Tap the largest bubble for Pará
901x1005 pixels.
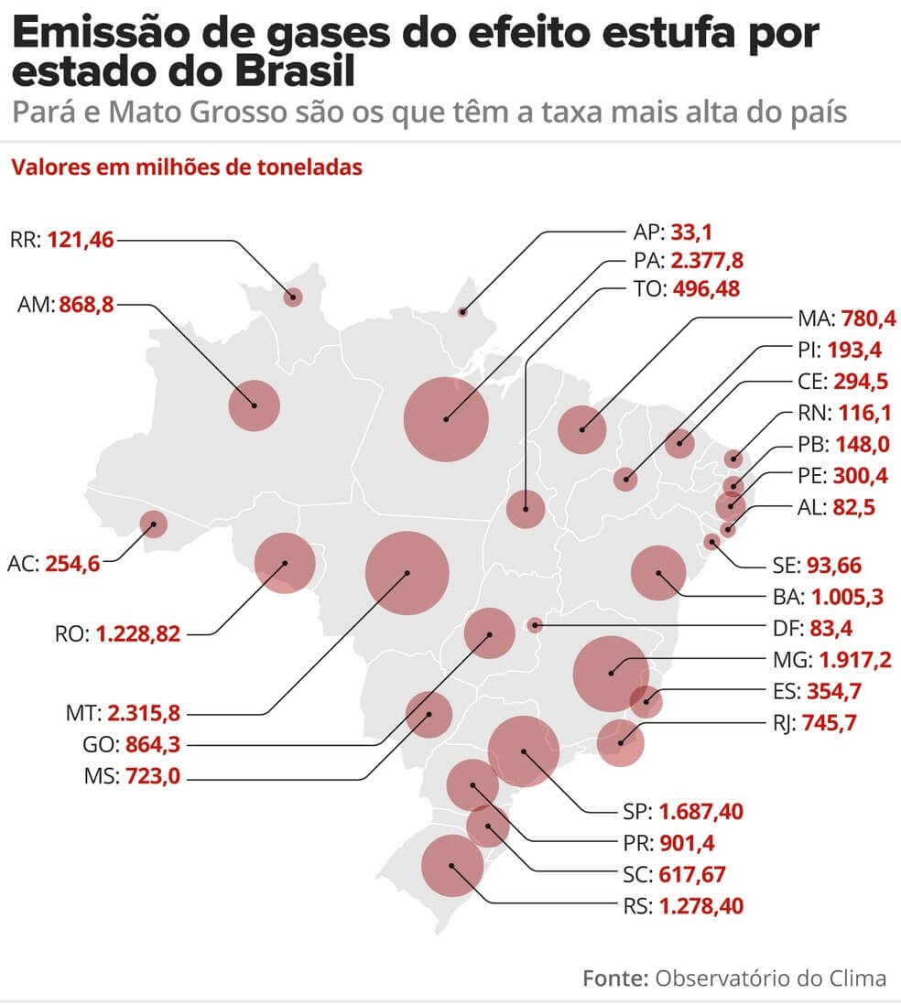coord(446,419)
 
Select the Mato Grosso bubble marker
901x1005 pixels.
coord(407,573)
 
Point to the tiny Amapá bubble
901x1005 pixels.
coord(462,312)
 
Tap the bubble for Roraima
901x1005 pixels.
coord(293,296)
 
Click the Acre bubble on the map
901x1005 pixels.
coord(153,524)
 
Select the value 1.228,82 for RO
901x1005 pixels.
coord(137,633)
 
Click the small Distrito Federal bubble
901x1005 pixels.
coord(536,625)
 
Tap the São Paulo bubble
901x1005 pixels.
coord(524,752)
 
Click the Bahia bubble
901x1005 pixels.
coord(658,573)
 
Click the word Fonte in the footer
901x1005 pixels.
coord(615,978)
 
